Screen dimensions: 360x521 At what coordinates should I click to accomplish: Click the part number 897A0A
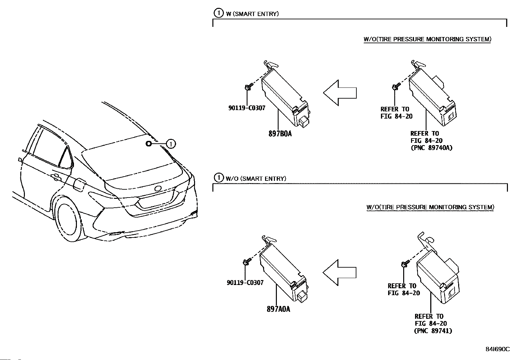pyautogui.click(x=278, y=309)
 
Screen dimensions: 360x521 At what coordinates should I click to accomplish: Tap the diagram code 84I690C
pyautogui.click(x=497, y=349)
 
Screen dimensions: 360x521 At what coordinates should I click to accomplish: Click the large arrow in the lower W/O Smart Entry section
pyautogui.click(x=339, y=273)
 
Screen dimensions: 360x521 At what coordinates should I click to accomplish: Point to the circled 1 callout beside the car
pyautogui.click(x=171, y=143)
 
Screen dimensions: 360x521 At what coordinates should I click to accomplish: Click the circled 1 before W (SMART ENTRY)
pyautogui.click(x=218, y=13)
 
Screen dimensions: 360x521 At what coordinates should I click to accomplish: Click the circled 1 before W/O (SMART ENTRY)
pyautogui.click(x=218, y=178)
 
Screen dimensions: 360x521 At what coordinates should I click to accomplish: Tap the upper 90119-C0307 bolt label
pyautogui.click(x=247, y=108)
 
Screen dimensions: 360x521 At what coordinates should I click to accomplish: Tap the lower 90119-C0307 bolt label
pyautogui.click(x=245, y=283)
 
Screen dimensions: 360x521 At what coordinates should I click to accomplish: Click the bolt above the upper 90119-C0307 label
pyautogui.click(x=247, y=87)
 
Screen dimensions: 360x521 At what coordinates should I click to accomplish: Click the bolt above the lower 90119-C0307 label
pyautogui.click(x=246, y=262)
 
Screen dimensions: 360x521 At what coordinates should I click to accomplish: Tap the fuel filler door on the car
pyautogui.click(x=79, y=184)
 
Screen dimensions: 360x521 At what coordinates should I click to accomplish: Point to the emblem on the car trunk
pyautogui.click(x=158, y=188)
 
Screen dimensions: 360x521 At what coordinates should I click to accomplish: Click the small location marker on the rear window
pyautogui.click(x=148, y=143)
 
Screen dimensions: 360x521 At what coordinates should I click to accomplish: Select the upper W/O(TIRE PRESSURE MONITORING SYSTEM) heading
pyautogui.click(x=427, y=39)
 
